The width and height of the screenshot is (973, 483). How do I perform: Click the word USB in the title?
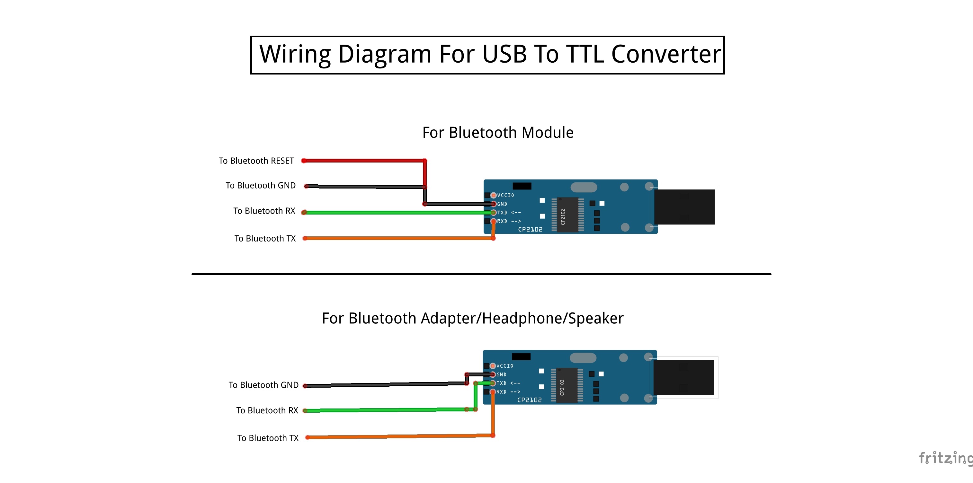tap(504, 54)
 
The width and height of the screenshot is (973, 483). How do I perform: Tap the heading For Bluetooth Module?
tap(497, 133)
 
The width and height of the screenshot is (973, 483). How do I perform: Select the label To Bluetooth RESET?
tap(256, 161)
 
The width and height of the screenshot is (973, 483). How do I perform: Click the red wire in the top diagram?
tap(362, 161)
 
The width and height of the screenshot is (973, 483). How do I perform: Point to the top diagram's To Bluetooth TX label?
tap(265, 239)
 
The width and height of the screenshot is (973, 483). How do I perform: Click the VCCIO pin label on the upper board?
tap(505, 195)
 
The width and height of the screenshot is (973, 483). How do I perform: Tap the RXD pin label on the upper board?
tap(502, 221)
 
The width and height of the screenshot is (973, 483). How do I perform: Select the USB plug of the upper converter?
tap(684, 207)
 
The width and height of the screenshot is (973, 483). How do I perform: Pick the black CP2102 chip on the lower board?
tap(566, 385)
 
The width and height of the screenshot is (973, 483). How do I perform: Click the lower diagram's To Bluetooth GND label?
tap(263, 385)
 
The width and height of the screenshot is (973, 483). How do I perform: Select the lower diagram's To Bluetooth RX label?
tap(267, 410)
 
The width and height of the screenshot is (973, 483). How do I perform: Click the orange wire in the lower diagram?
tap(397, 436)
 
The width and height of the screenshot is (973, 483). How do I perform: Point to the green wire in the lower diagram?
tap(385, 410)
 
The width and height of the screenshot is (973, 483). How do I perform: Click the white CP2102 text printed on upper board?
tap(530, 230)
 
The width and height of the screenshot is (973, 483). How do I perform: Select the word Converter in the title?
tap(665, 54)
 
